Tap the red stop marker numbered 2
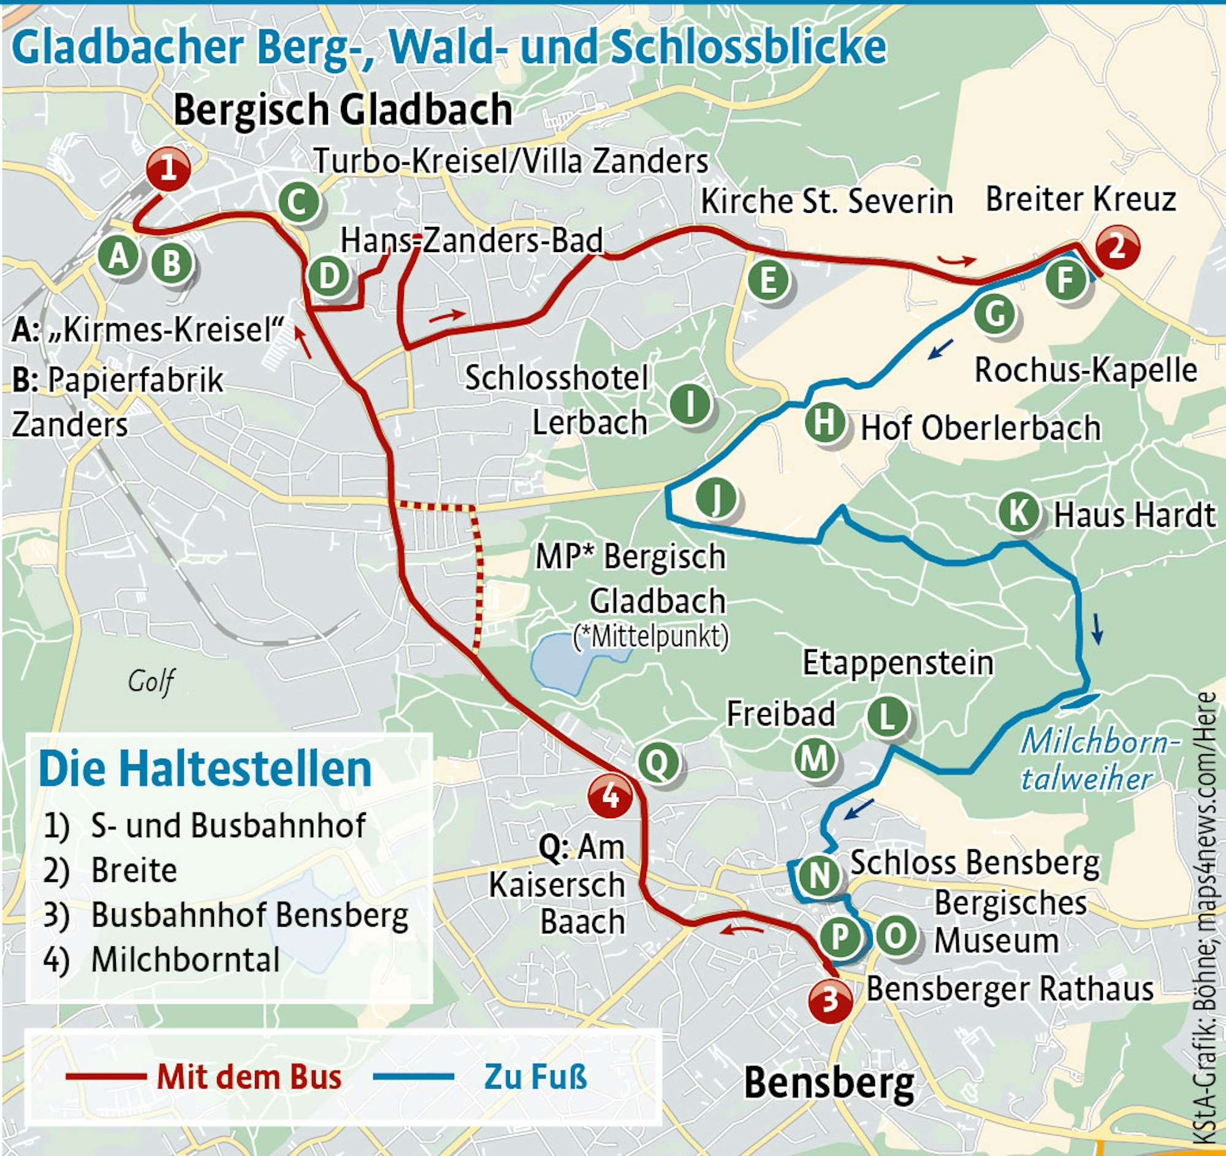pos(1117,247)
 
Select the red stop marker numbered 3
pos(830,999)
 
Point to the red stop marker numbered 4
pos(610,797)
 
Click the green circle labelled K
pos(1018,513)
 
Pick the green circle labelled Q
pos(658,763)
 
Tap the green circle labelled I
pos(690,405)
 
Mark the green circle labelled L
pos(887,718)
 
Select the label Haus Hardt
pos(1133,515)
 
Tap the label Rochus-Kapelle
pos(1086,371)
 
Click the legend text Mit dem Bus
pos(248,1077)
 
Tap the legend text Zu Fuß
pos(535,1077)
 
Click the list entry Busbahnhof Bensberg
pos(249,916)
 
